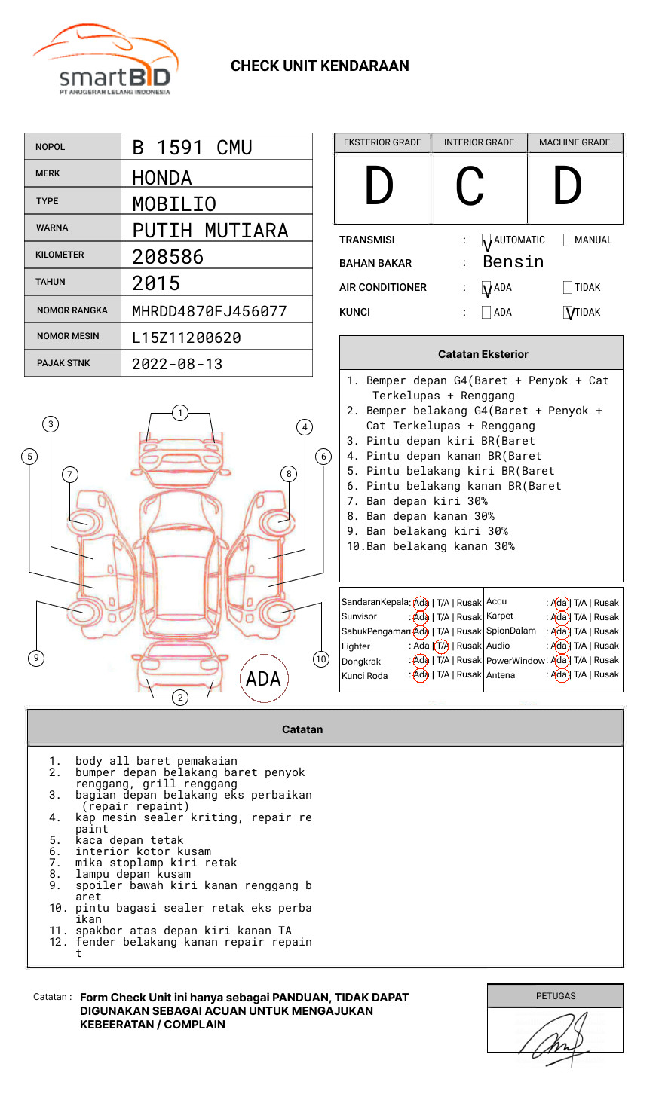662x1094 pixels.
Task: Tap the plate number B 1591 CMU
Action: point(192,148)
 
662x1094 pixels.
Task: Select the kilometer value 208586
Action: point(168,257)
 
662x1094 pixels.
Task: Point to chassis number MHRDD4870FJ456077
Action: point(210,311)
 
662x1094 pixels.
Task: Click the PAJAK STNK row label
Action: point(63,363)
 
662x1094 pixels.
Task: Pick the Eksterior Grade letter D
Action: point(379,187)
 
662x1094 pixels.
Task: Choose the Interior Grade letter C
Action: point(470,187)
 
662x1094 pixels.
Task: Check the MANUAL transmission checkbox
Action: point(568,240)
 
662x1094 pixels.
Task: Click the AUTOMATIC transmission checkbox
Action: point(486,240)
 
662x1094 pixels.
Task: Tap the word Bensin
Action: point(513,262)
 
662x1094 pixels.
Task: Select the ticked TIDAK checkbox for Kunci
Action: point(569,313)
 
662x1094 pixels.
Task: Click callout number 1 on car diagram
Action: point(179,413)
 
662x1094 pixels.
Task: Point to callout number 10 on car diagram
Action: point(321,659)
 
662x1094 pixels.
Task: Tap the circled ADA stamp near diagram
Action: point(263,679)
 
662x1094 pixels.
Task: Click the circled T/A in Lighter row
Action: point(442,646)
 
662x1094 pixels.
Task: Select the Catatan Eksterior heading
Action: point(483,354)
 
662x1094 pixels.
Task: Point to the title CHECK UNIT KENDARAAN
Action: point(320,66)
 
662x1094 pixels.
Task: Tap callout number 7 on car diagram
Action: point(69,474)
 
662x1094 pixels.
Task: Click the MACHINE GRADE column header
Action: point(575,142)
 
